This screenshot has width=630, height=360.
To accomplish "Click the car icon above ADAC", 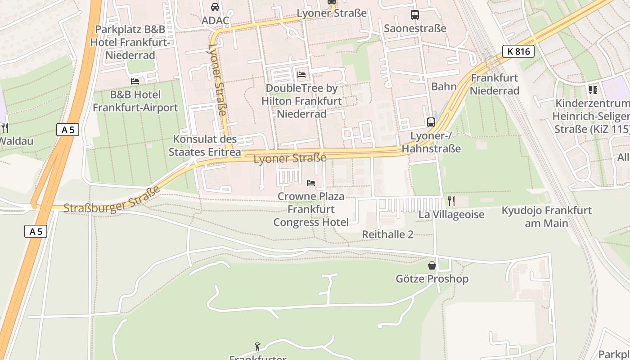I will click(215, 7).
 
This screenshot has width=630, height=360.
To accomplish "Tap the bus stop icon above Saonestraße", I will click(414, 15).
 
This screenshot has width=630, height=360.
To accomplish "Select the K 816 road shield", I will click(518, 51).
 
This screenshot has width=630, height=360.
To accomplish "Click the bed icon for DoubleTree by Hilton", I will click(301, 74).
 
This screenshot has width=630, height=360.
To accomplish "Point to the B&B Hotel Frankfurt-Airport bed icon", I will click(135, 81).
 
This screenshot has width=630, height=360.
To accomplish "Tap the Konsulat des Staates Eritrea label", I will click(205, 145).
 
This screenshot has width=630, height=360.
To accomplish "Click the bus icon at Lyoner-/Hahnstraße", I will click(431, 122).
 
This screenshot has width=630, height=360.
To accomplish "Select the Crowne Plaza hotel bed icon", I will click(310, 183).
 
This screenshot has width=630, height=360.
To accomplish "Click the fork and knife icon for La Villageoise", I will click(451, 201).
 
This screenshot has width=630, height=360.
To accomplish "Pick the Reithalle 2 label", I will click(387, 234).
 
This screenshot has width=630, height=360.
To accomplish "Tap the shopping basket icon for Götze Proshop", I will click(432, 265).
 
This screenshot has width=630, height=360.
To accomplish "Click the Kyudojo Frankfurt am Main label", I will click(546, 216).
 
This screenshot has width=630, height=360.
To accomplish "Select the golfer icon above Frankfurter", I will click(257, 346).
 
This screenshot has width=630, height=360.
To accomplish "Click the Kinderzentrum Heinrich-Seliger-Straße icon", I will click(593, 90).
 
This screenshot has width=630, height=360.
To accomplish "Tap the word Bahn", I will click(444, 86).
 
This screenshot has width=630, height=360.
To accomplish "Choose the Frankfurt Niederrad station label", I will click(495, 84).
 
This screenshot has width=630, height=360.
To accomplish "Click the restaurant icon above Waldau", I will click(4, 127).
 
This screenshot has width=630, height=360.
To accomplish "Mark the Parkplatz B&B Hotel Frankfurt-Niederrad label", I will click(130, 42).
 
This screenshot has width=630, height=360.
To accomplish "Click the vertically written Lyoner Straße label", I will click(217, 80).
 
